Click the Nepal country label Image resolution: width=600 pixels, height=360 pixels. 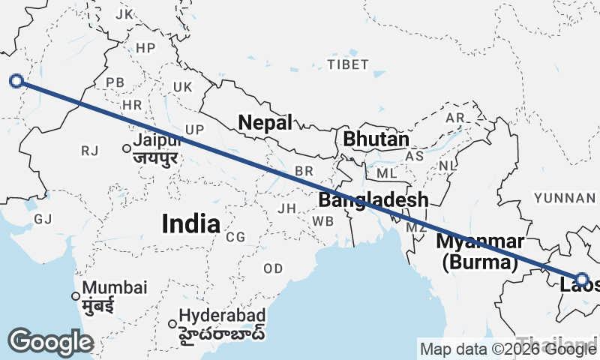coord(265,123)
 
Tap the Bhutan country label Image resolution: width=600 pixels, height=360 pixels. coord(376,139)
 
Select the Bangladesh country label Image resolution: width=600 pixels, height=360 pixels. coord(373,200)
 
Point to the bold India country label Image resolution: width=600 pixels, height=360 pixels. coord(191,223)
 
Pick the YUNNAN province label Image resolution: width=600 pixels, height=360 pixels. coord(564,197)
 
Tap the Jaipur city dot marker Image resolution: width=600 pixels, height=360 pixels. coord(127,148)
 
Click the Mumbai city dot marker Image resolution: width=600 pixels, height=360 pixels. coord(75,295)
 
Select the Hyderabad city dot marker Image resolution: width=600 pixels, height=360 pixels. coord(172,324)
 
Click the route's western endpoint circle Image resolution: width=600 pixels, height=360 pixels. coord(16,80)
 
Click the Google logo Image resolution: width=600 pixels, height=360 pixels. coord(50,342)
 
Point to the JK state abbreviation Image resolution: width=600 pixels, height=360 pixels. coord(124,14)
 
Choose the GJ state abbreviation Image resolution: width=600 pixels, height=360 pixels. coord(43,219)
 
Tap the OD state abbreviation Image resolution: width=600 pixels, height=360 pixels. coord(273,268)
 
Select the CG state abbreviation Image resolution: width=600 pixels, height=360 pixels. coord(235,237)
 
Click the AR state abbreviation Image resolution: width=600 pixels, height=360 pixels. coord(454,118)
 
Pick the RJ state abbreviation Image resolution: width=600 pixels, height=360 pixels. coord(90,151)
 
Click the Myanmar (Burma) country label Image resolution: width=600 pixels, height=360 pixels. coord(480,252)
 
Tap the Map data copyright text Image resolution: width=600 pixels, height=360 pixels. coord(508,349)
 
